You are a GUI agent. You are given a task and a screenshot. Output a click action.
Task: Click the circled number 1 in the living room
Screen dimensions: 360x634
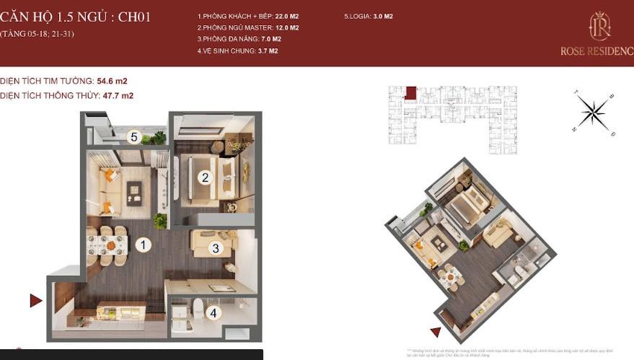(144, 245)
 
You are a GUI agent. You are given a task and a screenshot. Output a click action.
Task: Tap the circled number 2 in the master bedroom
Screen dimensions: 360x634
(205, 177)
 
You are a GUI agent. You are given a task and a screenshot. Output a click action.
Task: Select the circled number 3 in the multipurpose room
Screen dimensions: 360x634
(215, 248)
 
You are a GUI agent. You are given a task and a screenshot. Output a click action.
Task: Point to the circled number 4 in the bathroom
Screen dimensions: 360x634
(213, 313)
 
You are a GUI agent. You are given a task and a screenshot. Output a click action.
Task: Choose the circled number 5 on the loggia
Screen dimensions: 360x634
(133, 136)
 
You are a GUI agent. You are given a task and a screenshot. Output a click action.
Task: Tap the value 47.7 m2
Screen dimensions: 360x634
(118, 95)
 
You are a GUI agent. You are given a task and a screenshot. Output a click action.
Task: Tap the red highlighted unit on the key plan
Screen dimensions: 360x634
(410, 93)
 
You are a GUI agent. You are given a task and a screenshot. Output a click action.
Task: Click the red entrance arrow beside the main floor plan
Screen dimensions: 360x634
(35, 301)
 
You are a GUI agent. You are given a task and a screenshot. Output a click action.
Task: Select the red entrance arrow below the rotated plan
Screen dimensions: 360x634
(435, 332)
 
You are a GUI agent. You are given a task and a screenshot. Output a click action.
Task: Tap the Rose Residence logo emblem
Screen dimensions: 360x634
(599, 27)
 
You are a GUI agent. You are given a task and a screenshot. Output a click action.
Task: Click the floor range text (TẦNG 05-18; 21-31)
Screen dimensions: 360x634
(38, 34)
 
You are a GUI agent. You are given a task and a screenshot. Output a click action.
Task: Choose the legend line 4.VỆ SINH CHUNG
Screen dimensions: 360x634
(237, 51)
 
